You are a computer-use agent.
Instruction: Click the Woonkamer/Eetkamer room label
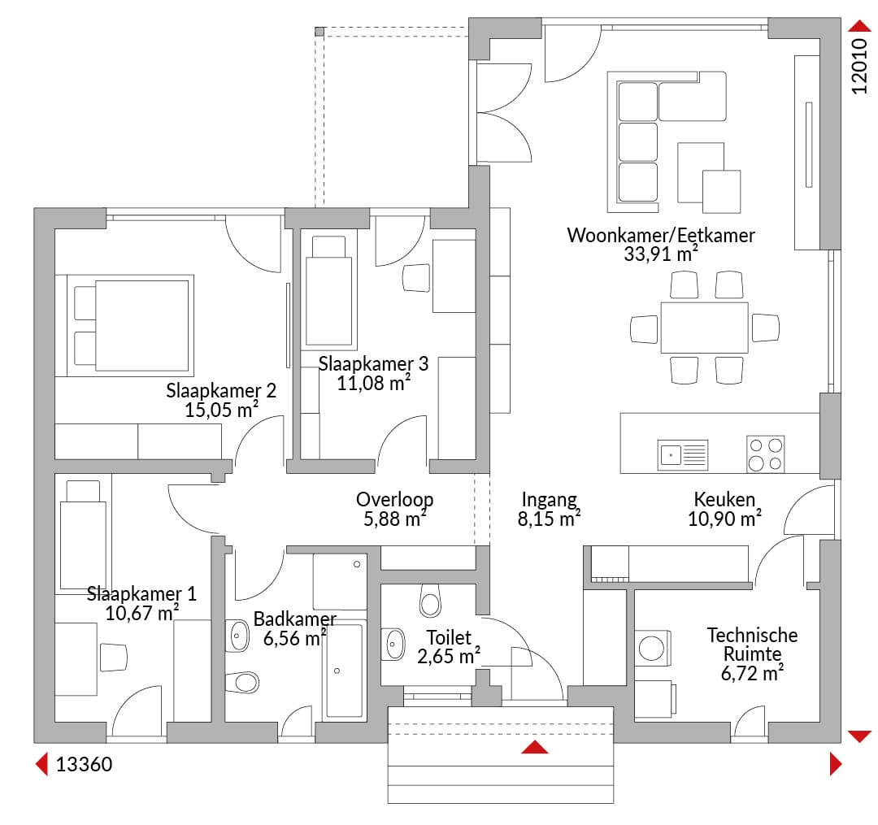(x=661, y=236)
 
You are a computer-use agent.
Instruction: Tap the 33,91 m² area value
(x=661, y=254)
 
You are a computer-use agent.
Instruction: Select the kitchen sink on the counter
(x=683, y=454)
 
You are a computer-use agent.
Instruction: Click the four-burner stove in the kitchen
(x=766, y=454)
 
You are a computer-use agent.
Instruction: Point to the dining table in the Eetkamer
(x=704, y=328)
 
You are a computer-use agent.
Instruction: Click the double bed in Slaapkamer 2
(x=130, y=326)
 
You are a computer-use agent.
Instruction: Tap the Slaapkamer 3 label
(x=373, y=364)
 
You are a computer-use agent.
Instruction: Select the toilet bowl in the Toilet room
(x=430, y=601)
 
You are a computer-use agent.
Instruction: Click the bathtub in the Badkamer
(x=345, y=671)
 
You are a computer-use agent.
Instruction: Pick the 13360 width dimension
(x=84, y=765)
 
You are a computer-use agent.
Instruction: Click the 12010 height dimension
(x=859, y=66)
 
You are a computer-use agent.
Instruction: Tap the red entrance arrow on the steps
(x=535, y=747)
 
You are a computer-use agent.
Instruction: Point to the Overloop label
(x=395, y=500)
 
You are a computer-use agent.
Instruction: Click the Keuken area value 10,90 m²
(x=724, y=519)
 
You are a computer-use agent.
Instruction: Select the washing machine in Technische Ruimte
(x=652, y=648)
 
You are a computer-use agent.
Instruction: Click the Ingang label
(x=550, y=500)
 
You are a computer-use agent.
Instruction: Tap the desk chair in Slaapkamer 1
(x=113, y=657)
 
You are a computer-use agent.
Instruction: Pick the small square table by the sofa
(x=722, y=192)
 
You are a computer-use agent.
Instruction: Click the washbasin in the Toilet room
(x=393, y=645)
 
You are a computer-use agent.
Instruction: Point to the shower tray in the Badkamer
(x=340, y=581)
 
